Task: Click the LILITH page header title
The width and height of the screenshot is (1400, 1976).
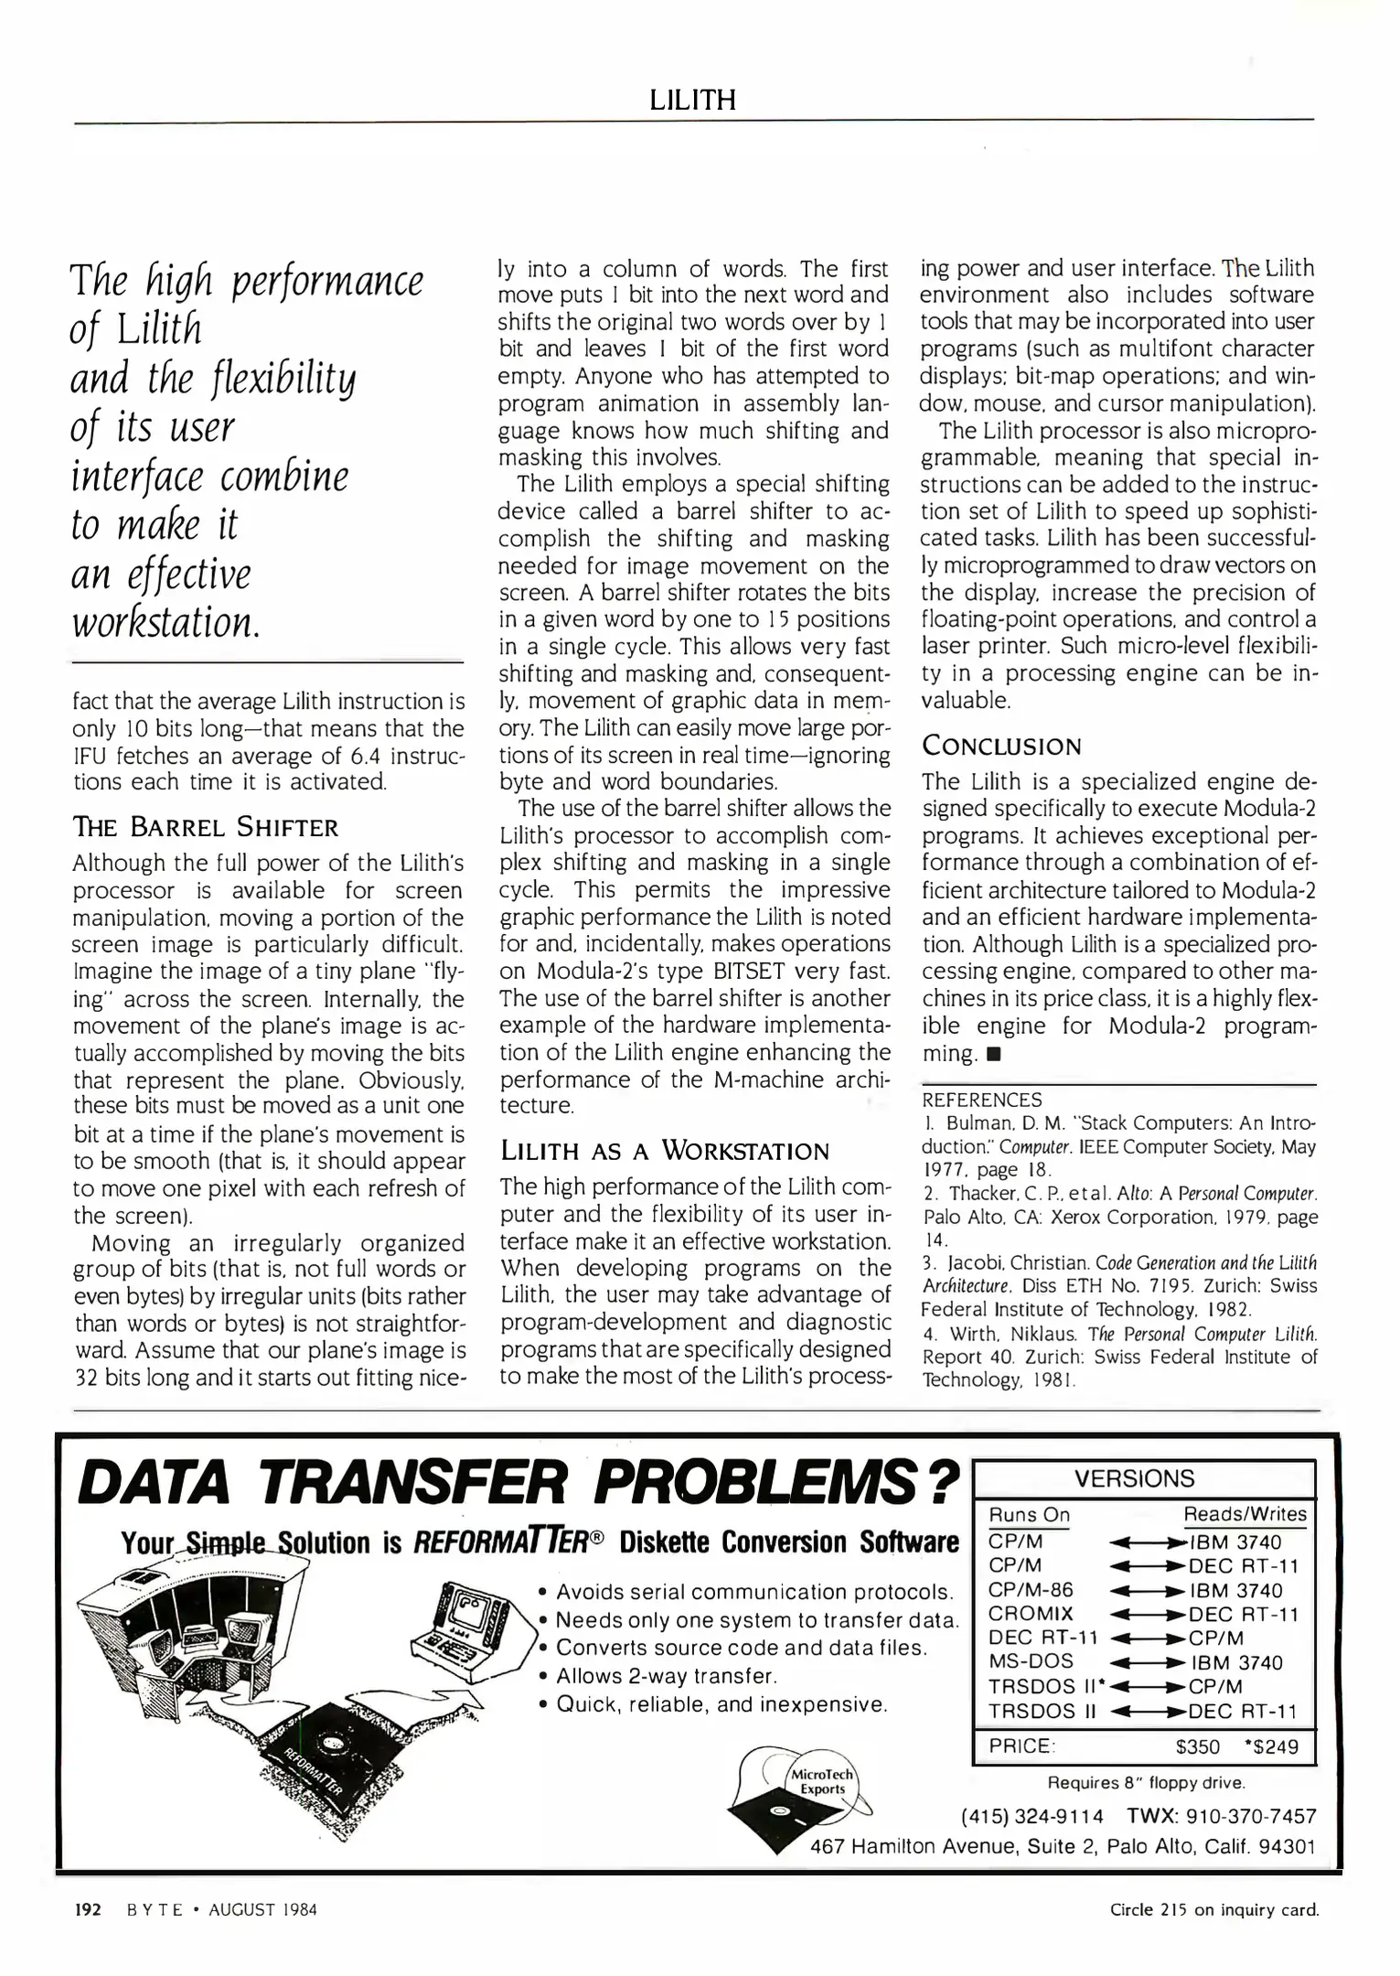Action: point(692,100)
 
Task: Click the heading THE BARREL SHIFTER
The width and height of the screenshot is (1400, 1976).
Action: point(205,828)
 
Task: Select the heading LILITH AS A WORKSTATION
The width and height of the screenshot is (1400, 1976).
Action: point(664,1151)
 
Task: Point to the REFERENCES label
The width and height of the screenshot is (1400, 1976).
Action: point(981,1100)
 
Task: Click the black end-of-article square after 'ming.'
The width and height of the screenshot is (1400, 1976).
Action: point(994,1054)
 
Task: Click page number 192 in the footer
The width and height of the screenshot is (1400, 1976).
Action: point(87,1909)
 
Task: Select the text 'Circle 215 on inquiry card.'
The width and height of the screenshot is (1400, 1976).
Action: point(1213,1909)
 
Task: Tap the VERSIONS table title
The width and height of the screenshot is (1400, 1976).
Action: point(1134,1478)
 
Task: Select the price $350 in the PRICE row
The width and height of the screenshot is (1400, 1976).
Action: point(1197,1746)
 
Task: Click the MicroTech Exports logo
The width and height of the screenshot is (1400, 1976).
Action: point(821,1782)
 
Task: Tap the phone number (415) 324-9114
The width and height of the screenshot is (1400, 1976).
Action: point(1031,1816)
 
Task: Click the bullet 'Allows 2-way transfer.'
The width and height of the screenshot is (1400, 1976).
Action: point(666,1676)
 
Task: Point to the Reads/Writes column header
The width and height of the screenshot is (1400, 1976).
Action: point(1245,1515)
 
